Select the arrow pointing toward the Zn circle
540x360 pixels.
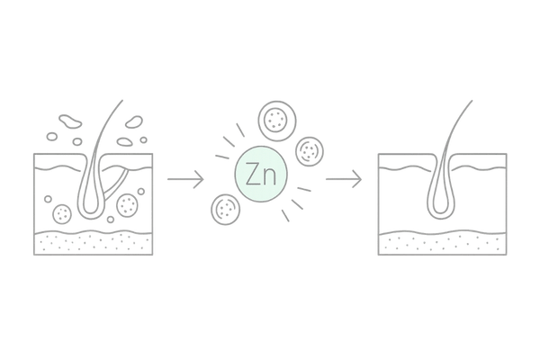[x=184, y=180]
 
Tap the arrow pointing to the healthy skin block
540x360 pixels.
[x=345, y=180]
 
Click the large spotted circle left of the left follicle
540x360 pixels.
[x=64, y=214]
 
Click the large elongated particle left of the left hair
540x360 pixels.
[x=67, y=120]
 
